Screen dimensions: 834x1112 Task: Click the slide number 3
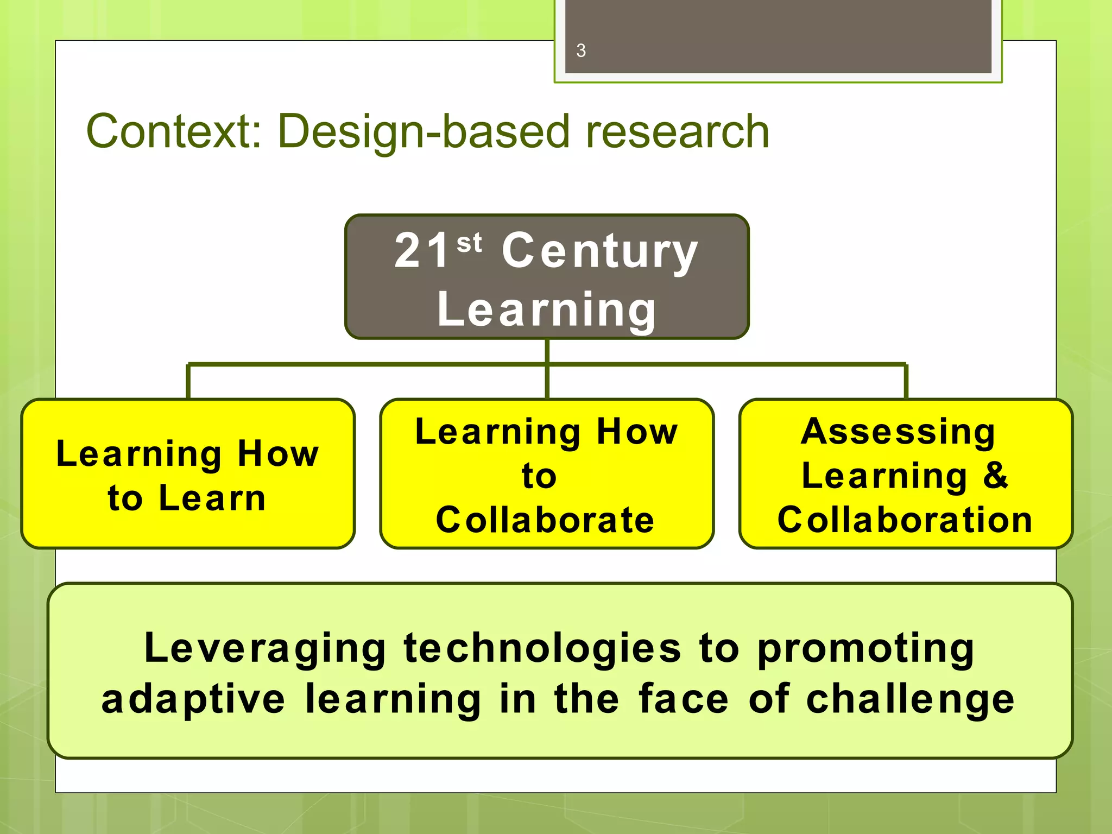581,50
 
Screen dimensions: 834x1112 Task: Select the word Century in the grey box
599,251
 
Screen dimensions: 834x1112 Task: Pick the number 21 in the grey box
422,250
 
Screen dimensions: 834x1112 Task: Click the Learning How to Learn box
188,473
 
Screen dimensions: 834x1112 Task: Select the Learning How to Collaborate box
547,473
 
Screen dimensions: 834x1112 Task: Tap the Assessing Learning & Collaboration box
906,473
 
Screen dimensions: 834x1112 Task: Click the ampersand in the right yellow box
995,475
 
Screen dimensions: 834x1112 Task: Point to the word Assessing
898,432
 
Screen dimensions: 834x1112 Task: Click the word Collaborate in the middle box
545,520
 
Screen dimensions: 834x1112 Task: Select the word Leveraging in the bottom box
265,648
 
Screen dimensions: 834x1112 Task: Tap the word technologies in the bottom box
542,648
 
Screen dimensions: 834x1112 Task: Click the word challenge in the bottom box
911,699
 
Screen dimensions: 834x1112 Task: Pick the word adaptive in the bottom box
193,699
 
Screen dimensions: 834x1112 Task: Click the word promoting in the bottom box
866,649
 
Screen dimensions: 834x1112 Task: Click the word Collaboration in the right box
905,520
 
